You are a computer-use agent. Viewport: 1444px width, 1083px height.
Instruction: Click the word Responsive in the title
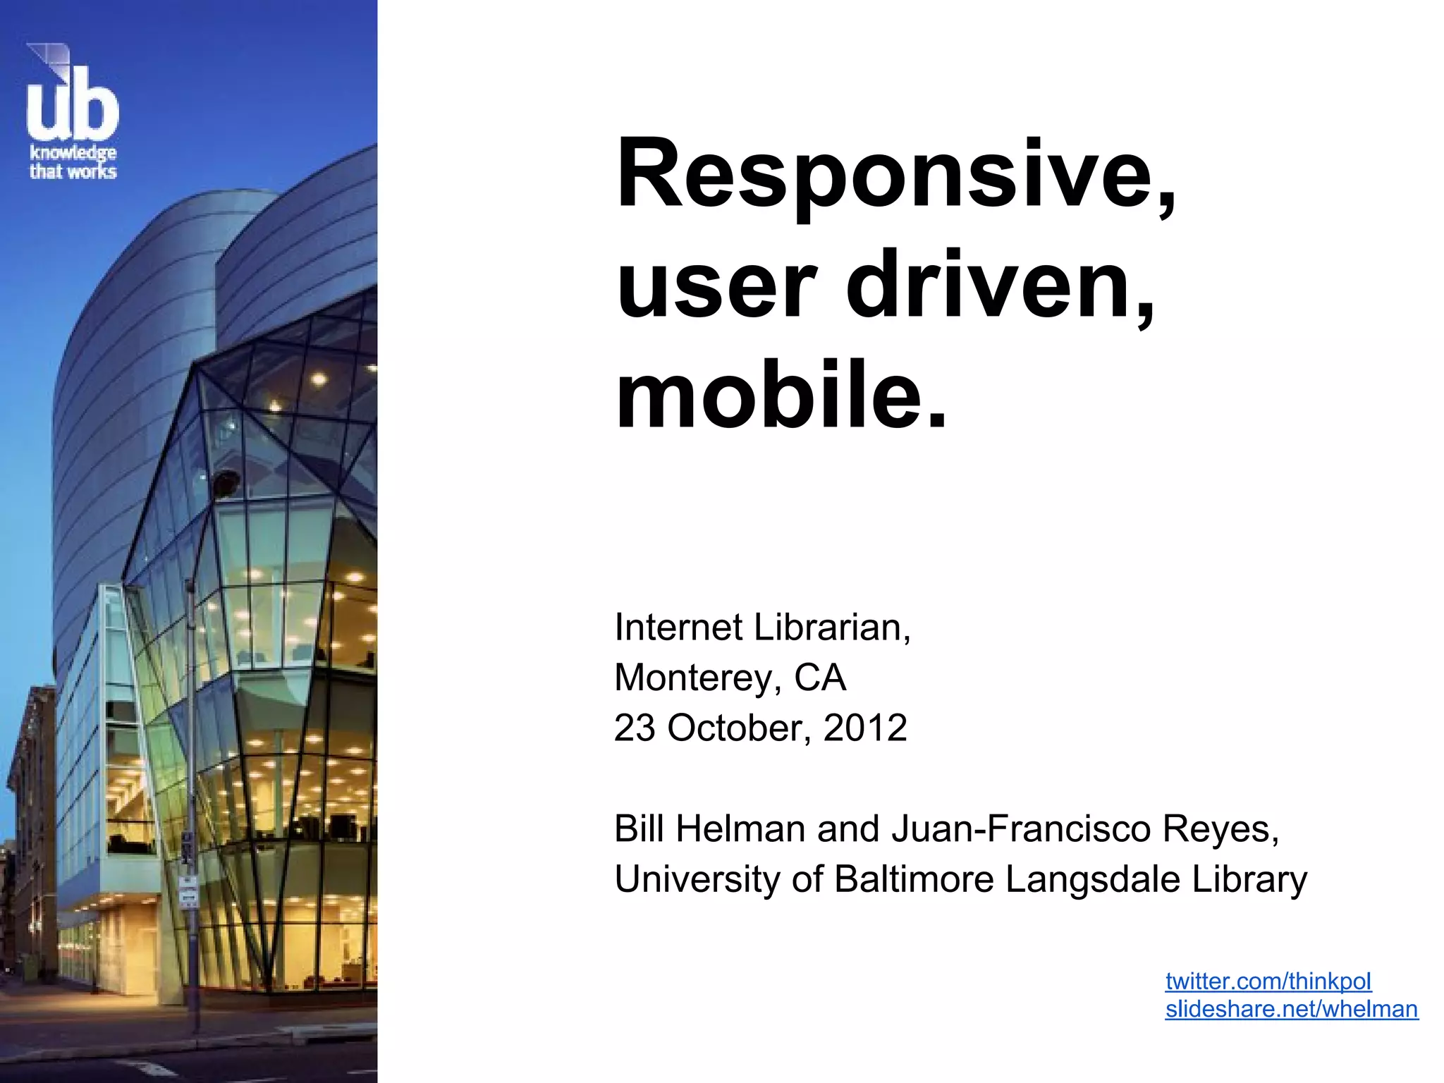pos(895,175)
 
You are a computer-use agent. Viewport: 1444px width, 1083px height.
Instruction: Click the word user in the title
pos(716,286)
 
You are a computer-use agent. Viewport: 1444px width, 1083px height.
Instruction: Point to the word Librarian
pos(832,627)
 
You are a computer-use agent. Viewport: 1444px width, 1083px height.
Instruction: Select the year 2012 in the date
pos(865,728)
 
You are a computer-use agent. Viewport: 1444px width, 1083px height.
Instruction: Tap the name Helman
pos(740,828)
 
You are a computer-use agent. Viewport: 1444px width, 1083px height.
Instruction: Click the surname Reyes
pos(1220,828)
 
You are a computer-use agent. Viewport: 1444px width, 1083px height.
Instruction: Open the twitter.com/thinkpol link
pos(1268,981)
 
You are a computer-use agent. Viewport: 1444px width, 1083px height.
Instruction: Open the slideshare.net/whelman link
pos(1291,1009)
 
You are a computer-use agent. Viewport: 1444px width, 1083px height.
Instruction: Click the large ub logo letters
pos(73,106)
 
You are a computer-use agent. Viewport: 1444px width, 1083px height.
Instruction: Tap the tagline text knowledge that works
pos(73,162)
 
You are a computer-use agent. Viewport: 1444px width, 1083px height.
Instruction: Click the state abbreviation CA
pos(820,678)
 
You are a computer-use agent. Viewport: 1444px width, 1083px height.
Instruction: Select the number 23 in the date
pos(635,728)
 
